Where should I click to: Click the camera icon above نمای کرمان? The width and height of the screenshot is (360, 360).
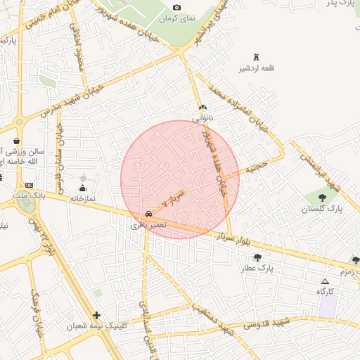pos(176,8)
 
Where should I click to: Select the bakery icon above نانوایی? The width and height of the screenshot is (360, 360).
pos(203,108)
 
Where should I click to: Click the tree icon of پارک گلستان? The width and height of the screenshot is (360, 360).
pos(322,198)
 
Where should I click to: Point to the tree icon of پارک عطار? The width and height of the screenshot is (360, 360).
pos(257,257)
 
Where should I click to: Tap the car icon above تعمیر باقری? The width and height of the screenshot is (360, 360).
pos(148,214)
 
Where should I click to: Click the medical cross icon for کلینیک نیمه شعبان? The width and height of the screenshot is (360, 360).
pos(96,315)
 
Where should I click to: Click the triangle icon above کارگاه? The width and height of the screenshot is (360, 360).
pos(324,281)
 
